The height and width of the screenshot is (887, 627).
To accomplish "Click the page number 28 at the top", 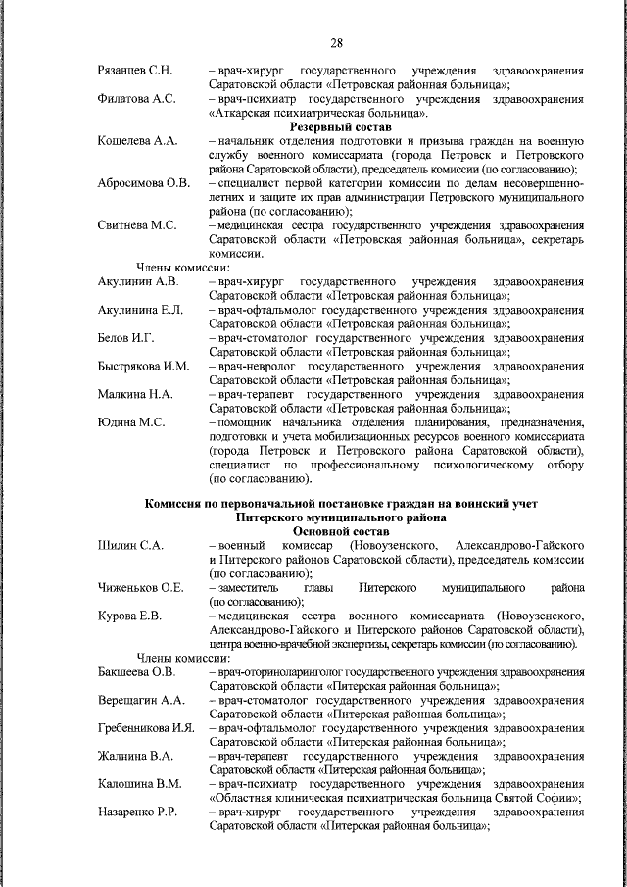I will tap(336, 42).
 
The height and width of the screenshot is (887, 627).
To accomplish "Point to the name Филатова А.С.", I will tap(136, 99).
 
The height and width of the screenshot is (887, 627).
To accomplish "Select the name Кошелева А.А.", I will tap(137, 141).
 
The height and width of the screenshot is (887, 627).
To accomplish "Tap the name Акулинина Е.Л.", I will tap(140, 311).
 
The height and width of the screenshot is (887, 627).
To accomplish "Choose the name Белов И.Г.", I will tap(126, 339).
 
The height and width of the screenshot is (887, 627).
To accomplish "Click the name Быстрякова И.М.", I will tap(143, 368).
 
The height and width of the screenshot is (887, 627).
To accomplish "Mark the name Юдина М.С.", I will tap(129, 423).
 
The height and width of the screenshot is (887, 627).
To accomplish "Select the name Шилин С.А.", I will tap(129, 544).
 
